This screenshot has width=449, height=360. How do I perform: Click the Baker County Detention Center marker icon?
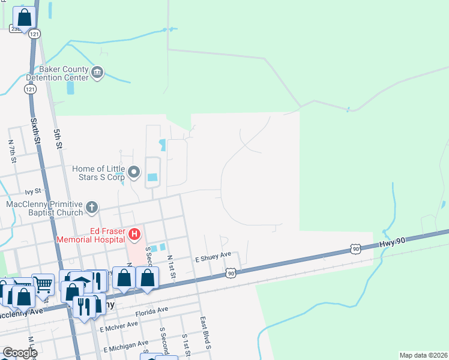97,73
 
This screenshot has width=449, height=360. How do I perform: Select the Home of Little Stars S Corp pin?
134,173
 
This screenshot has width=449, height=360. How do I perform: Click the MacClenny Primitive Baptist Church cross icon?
91,208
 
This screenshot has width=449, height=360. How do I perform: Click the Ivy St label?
32,192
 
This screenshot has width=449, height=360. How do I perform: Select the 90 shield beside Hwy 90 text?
356,248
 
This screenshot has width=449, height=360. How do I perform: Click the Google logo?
20,353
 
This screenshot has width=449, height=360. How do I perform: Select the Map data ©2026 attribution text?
423,355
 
